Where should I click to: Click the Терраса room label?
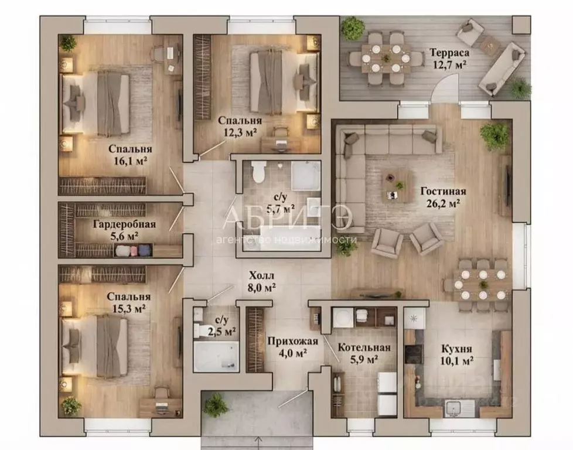[449, 52]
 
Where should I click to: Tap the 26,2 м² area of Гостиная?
[443, 203]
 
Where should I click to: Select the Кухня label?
[457, 349]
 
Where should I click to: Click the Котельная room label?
[364, 347]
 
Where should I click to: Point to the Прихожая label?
[293, 341]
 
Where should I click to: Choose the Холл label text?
[261, 275]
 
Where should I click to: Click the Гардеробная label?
[124, 224]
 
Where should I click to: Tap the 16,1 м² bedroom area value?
[130, 161]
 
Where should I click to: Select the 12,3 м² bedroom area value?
[240, 132]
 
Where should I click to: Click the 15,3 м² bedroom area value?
[129, 309]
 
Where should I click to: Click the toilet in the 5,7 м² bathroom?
[259, 172]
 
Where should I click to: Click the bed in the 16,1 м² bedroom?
[96, 104]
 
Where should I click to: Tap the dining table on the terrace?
[386, 58]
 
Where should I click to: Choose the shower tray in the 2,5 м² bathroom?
[216, 356]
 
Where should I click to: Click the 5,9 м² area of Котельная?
[364, 360]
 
